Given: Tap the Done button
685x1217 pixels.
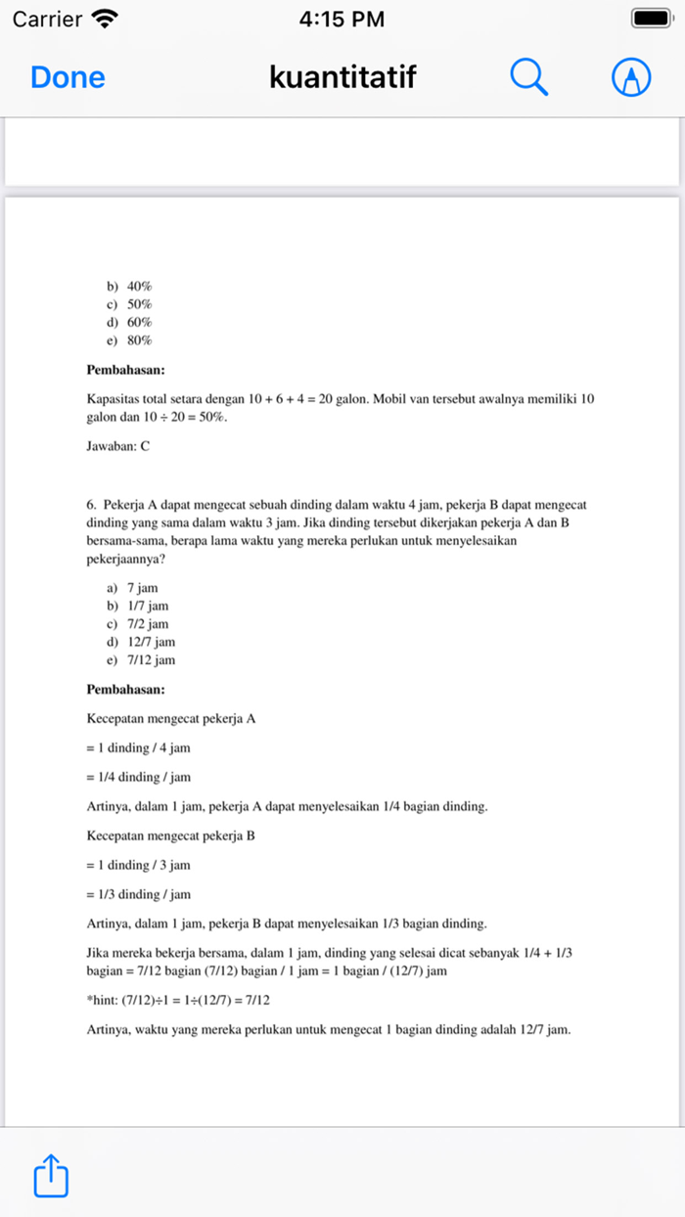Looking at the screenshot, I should pyautogui.click(x=68, y=77).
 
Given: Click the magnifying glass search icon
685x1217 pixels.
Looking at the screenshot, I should pyautogui.click(x=529, y=77).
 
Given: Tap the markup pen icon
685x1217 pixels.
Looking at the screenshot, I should pyautogui.click(x=631, y=77).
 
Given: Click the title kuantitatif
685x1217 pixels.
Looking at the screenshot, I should pyautogui.click(x=342, y=77).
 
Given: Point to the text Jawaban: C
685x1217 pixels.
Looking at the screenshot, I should pyautogui.click(x=118, y=446).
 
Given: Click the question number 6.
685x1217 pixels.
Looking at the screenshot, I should pyautogui.click(x=91, y=505).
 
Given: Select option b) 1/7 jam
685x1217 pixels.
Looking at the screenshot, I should pyautogui.click(x=138, y=606).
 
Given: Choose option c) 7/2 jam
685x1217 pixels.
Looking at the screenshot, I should pyautogui.click(x=138, y=624).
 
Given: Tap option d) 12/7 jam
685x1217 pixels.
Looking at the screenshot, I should pyautogui.click(x=142, y=642).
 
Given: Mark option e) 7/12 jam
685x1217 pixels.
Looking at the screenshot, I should pyautogui.click(x=142, y=660).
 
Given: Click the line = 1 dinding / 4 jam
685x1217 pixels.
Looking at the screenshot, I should pyautogui.click(x=139, y=747).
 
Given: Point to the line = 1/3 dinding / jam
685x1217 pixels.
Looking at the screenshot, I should pyautogui.click(x=139, y=894).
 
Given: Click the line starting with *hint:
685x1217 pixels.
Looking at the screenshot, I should pyautogui.click(x=178, y=1000).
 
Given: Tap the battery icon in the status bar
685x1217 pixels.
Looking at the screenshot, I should pyautogui.click(x=649, y=19).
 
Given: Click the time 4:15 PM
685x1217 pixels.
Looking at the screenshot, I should pyautogui.click(x=342, y=19).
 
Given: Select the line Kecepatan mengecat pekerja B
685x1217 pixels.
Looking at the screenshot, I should pyautogui.click(x=171, y=836).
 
